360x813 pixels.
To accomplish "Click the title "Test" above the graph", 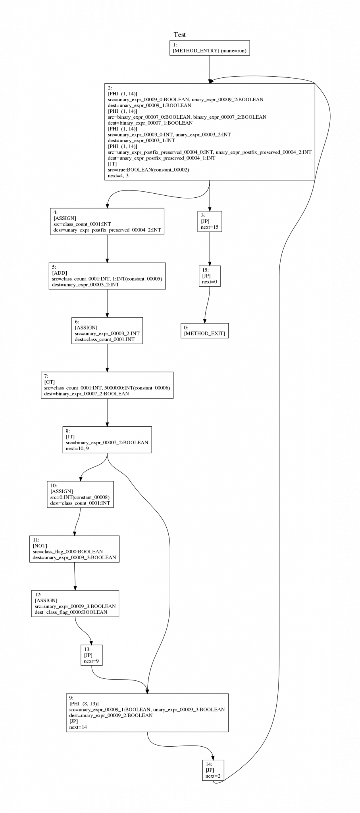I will [x=179, y=35].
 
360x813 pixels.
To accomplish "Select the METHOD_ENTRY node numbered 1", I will [x=210, y=48].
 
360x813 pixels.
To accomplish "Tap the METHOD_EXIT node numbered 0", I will [x=205, y=330].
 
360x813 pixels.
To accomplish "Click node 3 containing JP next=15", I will [x=210, y=222].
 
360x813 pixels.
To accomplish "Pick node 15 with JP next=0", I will [x=210, y=276].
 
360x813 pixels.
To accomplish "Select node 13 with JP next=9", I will [x=91, y=655].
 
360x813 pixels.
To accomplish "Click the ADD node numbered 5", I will [x=107, y=276].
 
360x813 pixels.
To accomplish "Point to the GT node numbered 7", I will [x=107, y=385].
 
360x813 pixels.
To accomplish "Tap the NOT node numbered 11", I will [x=74, y=549].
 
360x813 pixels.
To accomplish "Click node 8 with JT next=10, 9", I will [x=107, y=440].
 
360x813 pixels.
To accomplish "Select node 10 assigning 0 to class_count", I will [x=80, y=494].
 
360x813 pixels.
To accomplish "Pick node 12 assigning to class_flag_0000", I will [x=75, y=603].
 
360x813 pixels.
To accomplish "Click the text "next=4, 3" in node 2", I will [x=118, y=175].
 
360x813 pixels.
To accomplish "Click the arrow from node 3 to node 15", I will [x=210, y=248].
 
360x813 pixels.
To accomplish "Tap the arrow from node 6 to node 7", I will [x=107, y=357].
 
